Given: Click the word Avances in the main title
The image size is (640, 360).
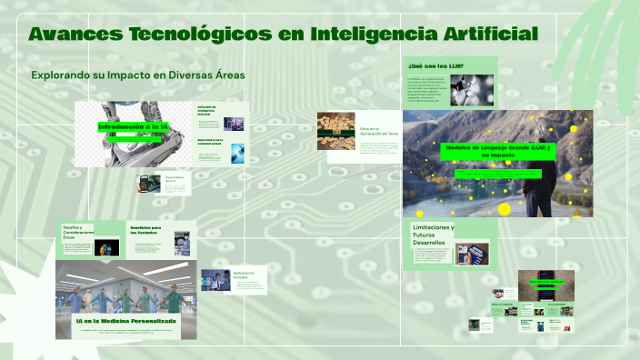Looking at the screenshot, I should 69,35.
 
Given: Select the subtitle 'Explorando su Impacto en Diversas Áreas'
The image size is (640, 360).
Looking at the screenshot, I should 137,75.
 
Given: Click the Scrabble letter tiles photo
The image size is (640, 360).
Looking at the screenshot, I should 335,131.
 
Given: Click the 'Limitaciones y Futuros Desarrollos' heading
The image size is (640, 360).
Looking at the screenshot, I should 434,235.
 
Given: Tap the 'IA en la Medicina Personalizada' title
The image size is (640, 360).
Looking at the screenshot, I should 125,321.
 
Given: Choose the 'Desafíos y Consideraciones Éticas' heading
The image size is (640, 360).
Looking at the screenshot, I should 76,231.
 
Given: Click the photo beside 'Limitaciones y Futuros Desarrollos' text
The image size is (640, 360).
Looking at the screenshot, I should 473,255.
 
